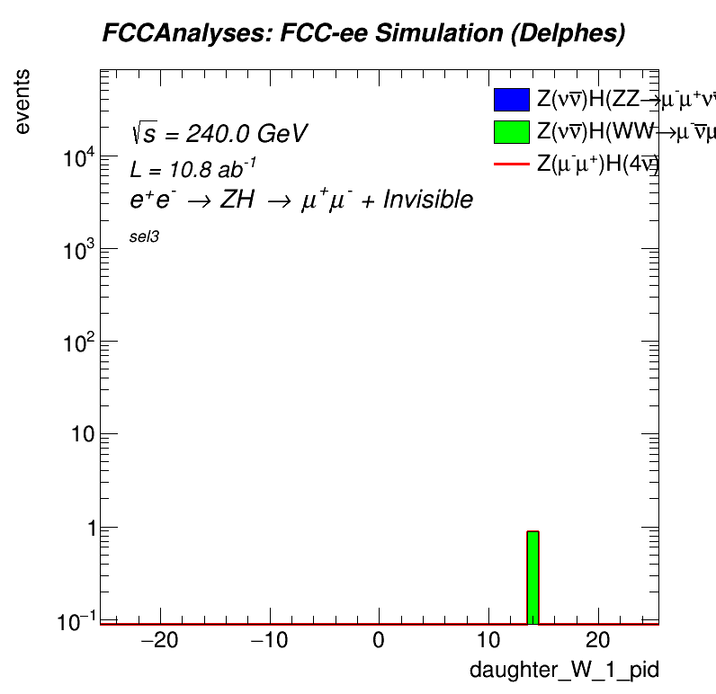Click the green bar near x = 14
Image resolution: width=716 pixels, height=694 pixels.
tap(533, 577)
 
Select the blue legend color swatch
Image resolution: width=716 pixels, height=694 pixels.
tap(511, 100)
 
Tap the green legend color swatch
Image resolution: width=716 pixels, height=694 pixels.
tap(511, 131)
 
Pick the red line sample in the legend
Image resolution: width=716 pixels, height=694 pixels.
tap(511, 164)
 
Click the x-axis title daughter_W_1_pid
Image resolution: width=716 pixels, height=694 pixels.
tap(564, 671)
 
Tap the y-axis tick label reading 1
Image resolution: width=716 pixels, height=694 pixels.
tap(87, 529)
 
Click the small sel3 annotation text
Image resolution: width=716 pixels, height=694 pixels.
tap(145, 237)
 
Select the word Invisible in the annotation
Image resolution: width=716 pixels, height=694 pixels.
tap(427, 200)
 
